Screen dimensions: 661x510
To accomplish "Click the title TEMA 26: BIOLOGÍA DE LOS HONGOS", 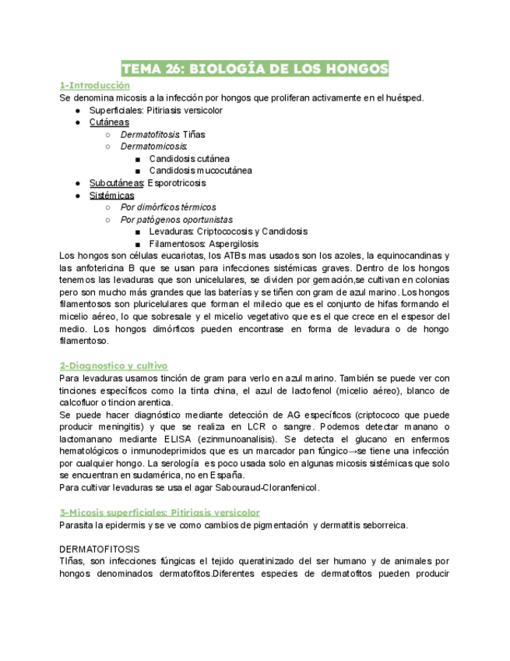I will (255, 69).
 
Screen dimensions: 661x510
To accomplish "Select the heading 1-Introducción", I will (94, 85).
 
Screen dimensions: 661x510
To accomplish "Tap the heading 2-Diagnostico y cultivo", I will (114, 365).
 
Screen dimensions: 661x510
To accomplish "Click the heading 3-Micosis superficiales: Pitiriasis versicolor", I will (160, 512).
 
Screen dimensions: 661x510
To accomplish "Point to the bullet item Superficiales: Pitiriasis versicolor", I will (156, 110).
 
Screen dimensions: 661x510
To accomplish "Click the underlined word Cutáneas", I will (109, 122).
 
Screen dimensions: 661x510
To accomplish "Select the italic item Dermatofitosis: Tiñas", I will (163, 135).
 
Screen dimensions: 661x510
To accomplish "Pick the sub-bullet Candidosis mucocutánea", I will (201, 171).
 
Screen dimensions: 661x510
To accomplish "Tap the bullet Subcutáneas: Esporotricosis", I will (148, 183).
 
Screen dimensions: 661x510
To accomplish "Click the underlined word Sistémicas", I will (111, 196).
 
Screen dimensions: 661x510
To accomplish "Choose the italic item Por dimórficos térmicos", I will (168, 207).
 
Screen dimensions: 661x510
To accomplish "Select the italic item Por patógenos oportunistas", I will (176, 220).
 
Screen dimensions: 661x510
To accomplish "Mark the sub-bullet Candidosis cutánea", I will (189, 159).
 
